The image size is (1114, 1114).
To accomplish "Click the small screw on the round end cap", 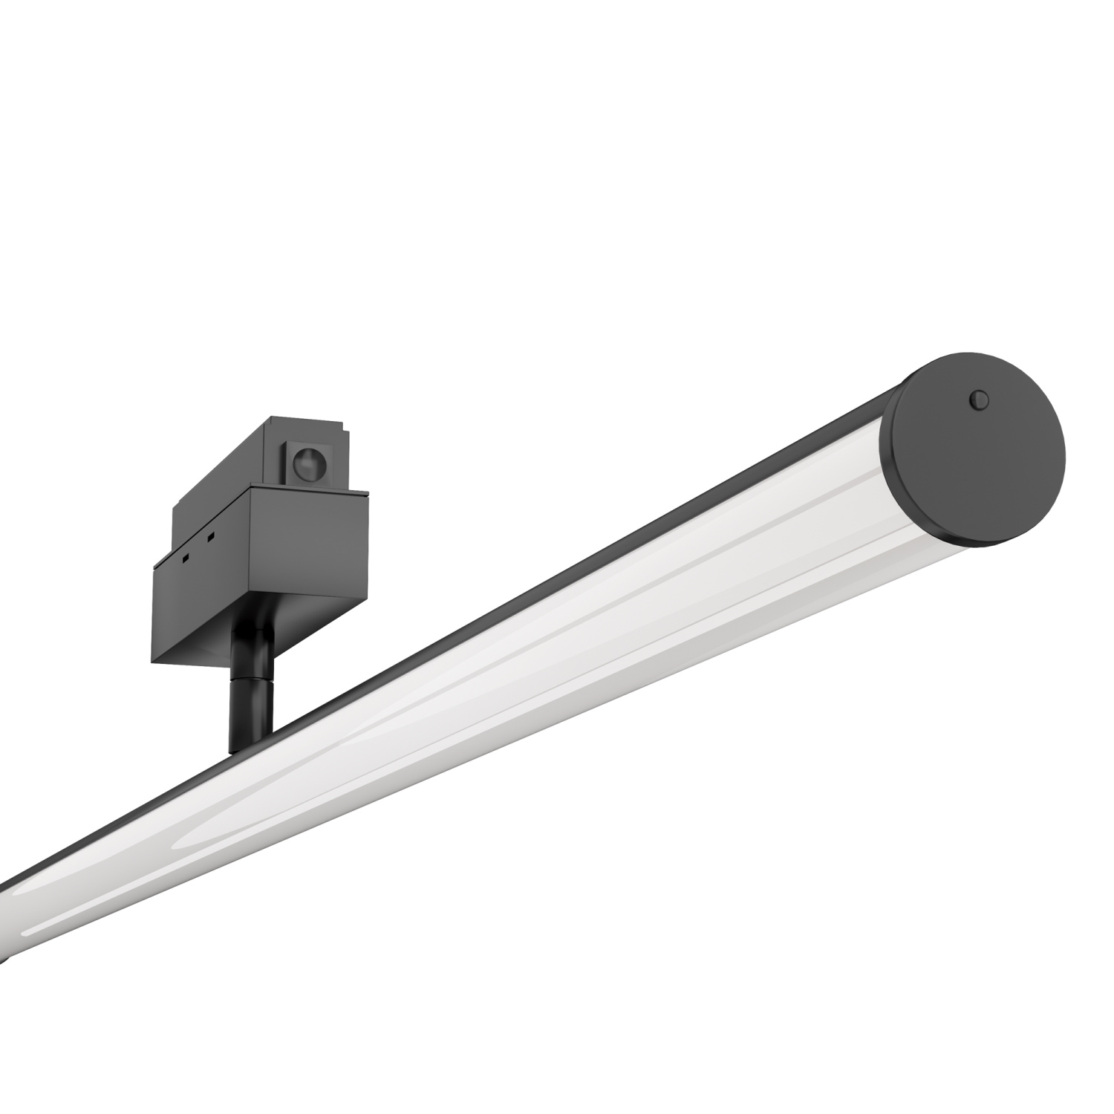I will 980,400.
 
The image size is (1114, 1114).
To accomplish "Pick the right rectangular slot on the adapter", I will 211,537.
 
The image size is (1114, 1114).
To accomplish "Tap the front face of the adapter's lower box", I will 308,564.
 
